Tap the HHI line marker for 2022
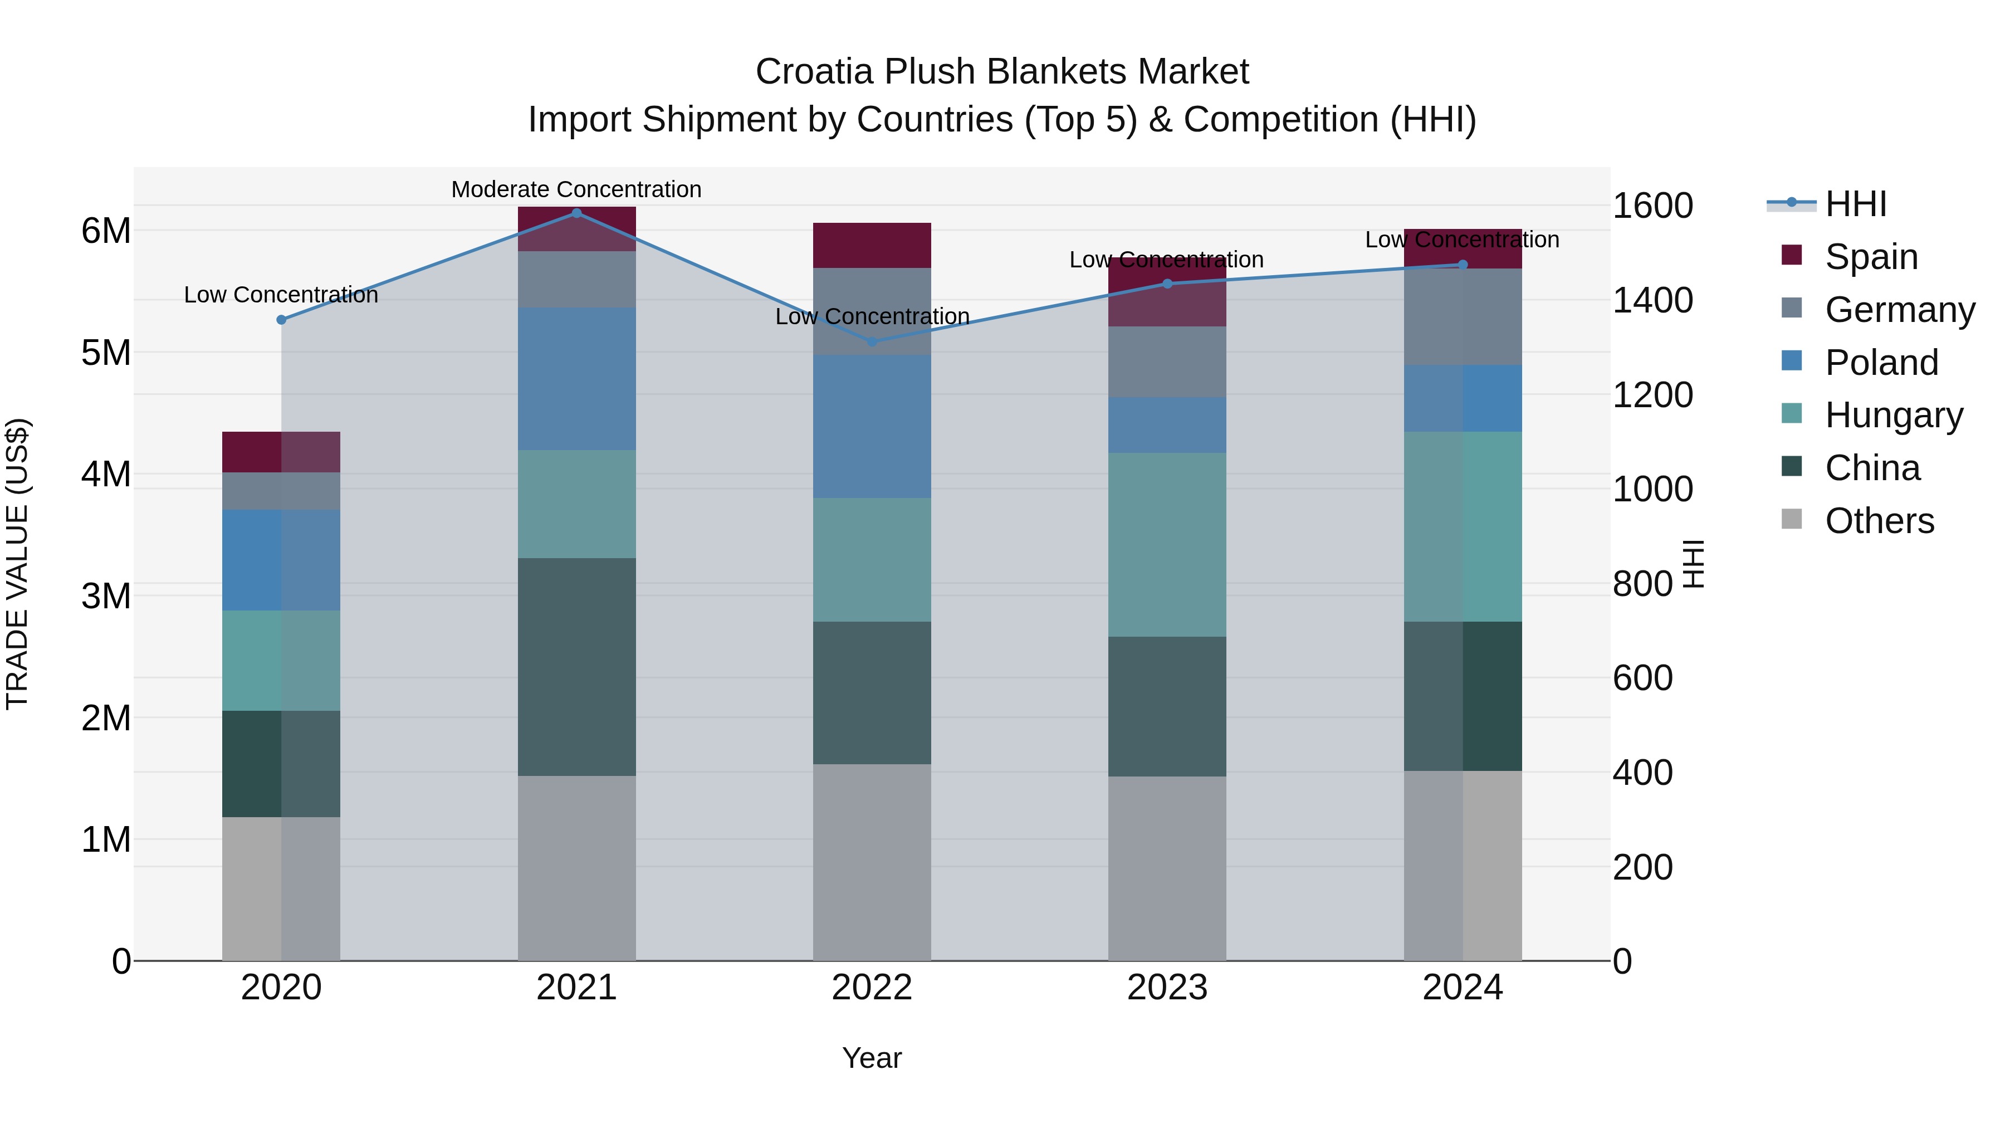(872, 342)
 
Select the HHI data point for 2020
(282, 320)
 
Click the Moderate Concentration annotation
(576, 189)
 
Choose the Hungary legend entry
(1893, 415)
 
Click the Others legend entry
(1879, 521)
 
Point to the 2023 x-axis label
(1167, 988)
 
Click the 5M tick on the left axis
(106, 353)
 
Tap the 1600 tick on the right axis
(1652, 206)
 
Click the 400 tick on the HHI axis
(1642, 773)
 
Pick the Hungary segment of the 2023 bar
(1167, 544)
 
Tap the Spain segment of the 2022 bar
(872, 245)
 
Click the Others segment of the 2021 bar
(577, 868)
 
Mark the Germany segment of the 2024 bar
(1463, 317)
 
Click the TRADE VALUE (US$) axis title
(17, 564)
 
